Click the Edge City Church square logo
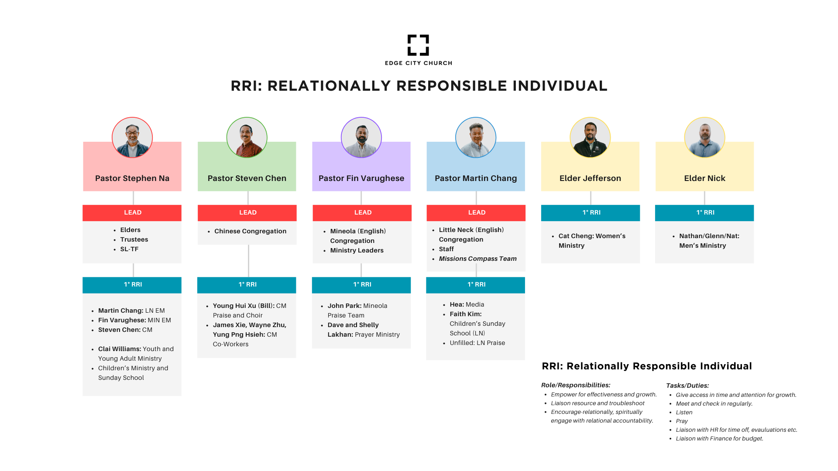418,45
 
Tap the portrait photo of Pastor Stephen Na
132,137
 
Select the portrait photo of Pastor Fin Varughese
361,137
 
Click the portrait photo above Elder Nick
704,137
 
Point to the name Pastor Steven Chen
247,178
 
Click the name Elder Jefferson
590,178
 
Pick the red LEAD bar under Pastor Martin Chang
476,213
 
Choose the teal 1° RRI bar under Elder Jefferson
591,213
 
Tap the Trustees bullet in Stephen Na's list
134,239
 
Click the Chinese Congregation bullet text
250,231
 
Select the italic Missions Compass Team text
477,259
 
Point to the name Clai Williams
119,349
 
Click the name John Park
344,306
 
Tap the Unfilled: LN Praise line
477,343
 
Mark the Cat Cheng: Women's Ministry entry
591,241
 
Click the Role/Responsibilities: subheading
576,385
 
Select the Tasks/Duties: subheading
687,386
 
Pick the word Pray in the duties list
682,421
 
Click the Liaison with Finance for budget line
719,438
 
